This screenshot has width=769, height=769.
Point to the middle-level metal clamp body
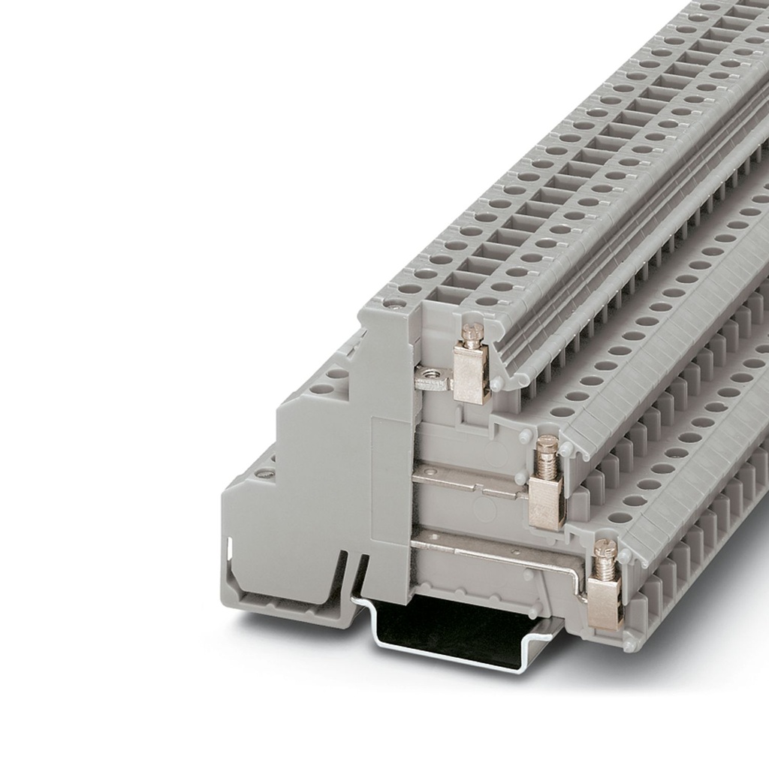point(546,499)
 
